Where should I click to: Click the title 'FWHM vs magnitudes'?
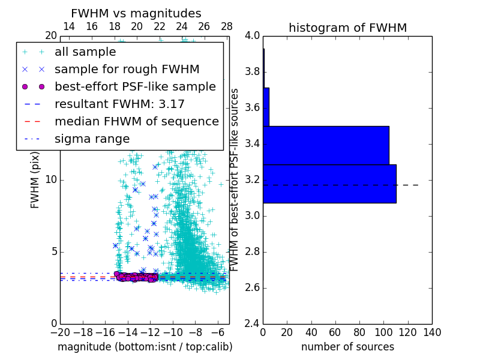click(x=136, y=13)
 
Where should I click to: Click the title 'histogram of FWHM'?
click(x=347, y=28)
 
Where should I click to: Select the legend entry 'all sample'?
click(x=85, y=52)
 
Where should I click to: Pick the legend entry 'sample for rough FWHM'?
click(x=127, y=70)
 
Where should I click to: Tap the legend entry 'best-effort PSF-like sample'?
click(x=135, y=86)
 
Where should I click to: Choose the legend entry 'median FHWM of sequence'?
click(x=136, y=121)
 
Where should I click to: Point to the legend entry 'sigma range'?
click(x=92, y=139)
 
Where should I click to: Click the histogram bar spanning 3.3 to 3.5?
click(x=326, y=145)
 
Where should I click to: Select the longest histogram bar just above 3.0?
click(x=329, y=184)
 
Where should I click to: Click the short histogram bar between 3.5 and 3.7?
click(x=266, y=107)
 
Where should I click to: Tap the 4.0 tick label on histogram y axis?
click(x=252, y=36)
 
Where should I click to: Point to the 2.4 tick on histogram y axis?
click(x=252, y=323)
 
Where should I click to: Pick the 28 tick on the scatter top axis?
click(x=227, y=26)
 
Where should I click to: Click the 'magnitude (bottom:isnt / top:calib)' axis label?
click(x=145, y=347)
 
